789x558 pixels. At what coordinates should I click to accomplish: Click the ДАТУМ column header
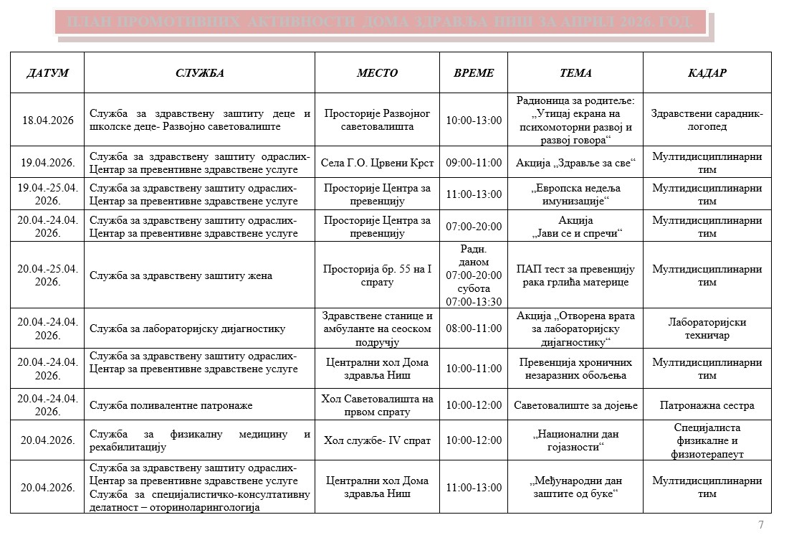[x=47, y=73]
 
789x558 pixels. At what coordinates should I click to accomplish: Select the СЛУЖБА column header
[x=199, y=73]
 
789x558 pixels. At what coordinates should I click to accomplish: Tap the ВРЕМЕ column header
[x=474, y=73]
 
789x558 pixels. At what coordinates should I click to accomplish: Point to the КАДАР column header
[x=707, y=73]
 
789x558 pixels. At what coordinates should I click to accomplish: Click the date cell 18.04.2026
[x=47, y=120]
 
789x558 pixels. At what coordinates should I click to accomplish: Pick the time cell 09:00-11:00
[x=474, y=163]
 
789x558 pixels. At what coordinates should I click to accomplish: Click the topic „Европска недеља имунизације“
[x=575, y=194]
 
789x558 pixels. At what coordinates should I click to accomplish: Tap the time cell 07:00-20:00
[x=474, y=226]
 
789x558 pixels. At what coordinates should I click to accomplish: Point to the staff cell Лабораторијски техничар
[x=707, y=328]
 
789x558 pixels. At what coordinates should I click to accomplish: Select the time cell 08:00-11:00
[x=474, y=328]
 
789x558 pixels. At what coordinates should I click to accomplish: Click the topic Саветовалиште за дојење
[x=575, y=405]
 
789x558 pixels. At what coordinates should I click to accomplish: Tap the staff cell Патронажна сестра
[x=707, y=405]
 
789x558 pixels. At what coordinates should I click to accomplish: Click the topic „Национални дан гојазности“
[x=575, y=440]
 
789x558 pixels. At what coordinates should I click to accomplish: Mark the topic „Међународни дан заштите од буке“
[x=575, y=487]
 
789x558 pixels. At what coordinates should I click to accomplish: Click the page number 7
[x=760, y=525]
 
